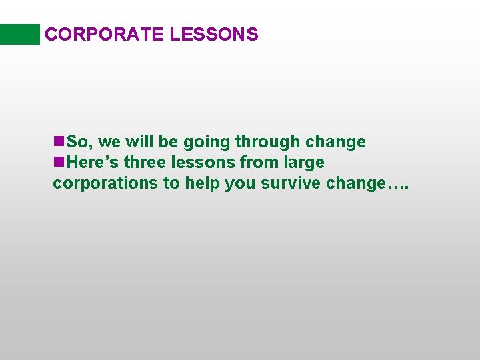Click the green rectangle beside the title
tap(20, 34)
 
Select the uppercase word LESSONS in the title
tap(213, 35)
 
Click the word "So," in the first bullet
tap(80, 142)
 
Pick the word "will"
tap(137, 142)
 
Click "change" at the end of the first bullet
tap(335, 142)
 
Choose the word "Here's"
tap(93, 163)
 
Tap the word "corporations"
tap(105, 183)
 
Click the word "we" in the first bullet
tap(109, 143)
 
